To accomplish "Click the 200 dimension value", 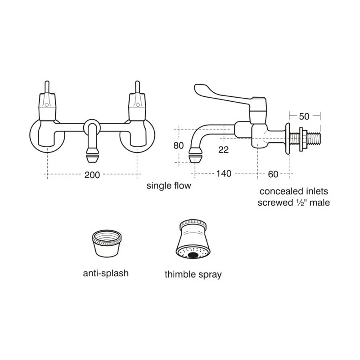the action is (92, 175).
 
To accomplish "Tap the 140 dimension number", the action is (224, 174).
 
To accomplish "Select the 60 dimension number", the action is (273, 174).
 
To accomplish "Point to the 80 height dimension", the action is (179, 145).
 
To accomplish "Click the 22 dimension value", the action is (223, 150).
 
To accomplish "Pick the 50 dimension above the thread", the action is (304, 117).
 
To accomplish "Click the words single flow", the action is (169, 185).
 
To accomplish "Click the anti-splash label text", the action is (106, 273).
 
